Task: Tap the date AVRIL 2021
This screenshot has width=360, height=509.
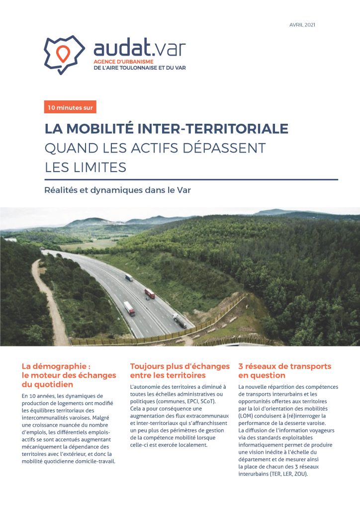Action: pyautogui.click(x=302, y=25)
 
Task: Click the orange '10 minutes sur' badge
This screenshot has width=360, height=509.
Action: pyautogui.click(x=70, y=107)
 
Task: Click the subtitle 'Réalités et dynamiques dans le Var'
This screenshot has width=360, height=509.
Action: pyautogui.click(x=117, y=190)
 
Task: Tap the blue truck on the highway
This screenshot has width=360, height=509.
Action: pyautogui.click(x=129, y=277)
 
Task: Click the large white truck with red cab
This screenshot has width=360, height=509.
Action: pyautogui.click(x=129, y=309)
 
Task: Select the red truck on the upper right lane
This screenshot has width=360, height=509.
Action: pyautogui.click(x=150, y=293)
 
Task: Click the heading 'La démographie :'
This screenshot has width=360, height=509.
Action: pyautogui.click(x=56, y=366)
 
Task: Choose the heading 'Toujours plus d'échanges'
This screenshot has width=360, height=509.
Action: pyautogui.click(x=180, y=366)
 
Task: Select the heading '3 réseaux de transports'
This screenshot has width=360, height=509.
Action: pyautogui.click(x=284, y=366)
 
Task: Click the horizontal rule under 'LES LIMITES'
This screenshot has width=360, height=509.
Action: pyautogui.click(x=191, y=179)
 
